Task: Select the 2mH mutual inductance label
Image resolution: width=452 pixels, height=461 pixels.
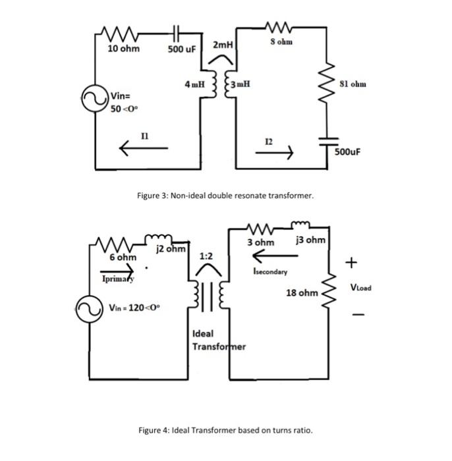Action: click(x=223, y=45)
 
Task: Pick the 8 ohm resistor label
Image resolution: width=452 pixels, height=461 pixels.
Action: click(x=281, y=42)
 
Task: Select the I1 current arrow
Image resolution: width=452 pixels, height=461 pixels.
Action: click(x=144, y=149)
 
